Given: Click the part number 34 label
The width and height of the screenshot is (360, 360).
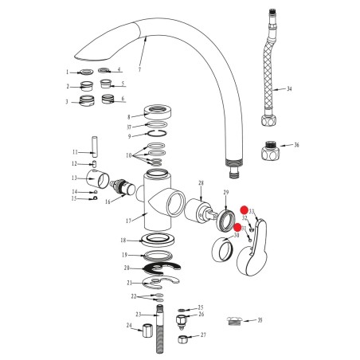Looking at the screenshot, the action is [x=289, y=88].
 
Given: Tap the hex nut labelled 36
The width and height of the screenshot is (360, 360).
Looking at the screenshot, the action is [x=269, y=151].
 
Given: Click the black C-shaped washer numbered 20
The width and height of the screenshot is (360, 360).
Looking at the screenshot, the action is [x=162, y=268].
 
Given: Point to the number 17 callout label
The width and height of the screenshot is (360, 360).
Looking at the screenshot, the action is [x=128, y=221].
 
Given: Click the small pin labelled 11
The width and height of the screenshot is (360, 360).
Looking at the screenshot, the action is [x=94, y=147].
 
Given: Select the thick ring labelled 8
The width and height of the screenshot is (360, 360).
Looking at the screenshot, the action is [x=158, y=112].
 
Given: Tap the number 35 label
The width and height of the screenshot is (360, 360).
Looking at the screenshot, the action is [x=260, y=320].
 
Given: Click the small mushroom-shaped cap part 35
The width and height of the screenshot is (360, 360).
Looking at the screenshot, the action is [x=234, y=321].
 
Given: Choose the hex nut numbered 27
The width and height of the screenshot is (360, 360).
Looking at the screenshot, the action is [x=182, y=339].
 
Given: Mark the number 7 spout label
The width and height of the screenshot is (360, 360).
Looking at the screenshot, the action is [x=139, y=69].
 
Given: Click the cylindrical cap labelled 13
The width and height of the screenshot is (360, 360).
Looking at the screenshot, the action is [x=98, y=179].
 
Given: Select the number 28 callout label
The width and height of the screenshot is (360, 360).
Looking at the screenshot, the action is [x=201, y=183].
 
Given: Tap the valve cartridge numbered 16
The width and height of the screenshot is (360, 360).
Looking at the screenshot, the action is [x=122, y=186].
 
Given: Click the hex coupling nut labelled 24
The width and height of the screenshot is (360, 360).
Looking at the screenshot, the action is [x=147, y=331].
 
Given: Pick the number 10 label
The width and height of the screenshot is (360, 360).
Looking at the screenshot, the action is [x=129, y=155].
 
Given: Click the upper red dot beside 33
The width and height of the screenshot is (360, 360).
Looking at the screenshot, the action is [x=244, y=210].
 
